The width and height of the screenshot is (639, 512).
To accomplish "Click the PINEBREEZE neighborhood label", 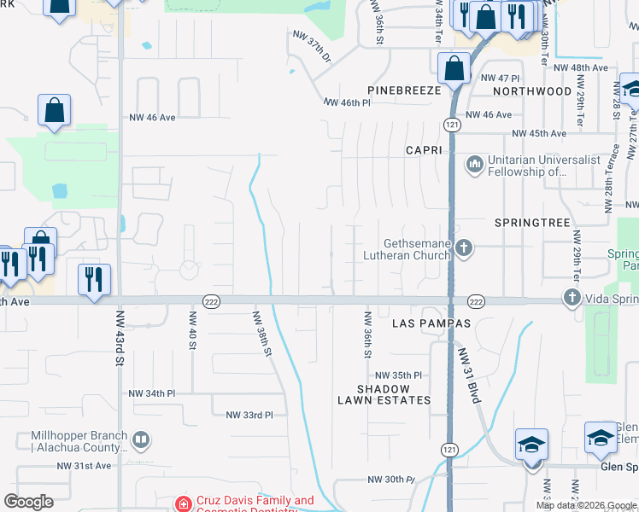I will [x=404, y=90].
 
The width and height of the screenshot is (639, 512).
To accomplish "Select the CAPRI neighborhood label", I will [x=425, y=150].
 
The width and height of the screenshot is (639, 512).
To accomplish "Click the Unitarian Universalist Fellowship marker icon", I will [x=474, y=162].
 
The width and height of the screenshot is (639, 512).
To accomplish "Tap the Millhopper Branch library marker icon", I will [x=141, y=441].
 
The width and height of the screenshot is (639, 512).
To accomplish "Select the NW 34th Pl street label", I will [x=151, y=393].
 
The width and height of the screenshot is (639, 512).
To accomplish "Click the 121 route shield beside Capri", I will [x=450, y=125].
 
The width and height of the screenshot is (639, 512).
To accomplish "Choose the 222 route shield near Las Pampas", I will [x=476, y=301].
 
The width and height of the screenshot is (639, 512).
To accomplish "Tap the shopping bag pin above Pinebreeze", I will [x=454, y=67].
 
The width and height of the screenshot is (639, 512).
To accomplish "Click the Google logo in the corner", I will [x=28, y=502].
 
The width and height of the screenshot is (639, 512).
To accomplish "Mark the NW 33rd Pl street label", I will [x=249, y=415].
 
